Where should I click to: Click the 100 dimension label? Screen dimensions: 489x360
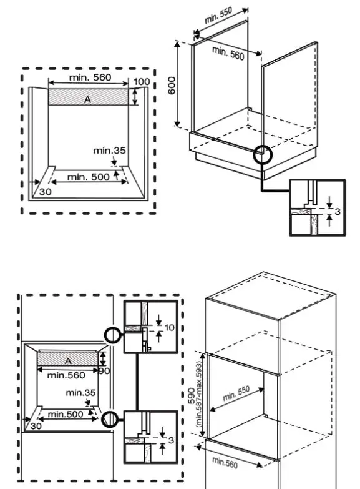point(141,82)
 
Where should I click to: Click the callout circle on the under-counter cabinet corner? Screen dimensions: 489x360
point(263,154)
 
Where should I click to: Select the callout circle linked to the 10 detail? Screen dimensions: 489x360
point(112,335)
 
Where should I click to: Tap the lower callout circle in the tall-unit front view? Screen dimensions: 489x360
point(110,419)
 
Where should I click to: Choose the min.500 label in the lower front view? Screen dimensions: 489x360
point(66,414)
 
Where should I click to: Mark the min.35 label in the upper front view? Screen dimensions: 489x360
point(109,151)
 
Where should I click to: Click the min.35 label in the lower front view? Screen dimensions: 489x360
point(81,393)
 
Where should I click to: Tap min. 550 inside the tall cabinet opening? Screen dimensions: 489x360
point(235,394)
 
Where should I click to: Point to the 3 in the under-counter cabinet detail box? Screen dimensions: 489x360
point(337,212)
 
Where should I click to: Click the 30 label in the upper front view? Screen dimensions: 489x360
point(45,192)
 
